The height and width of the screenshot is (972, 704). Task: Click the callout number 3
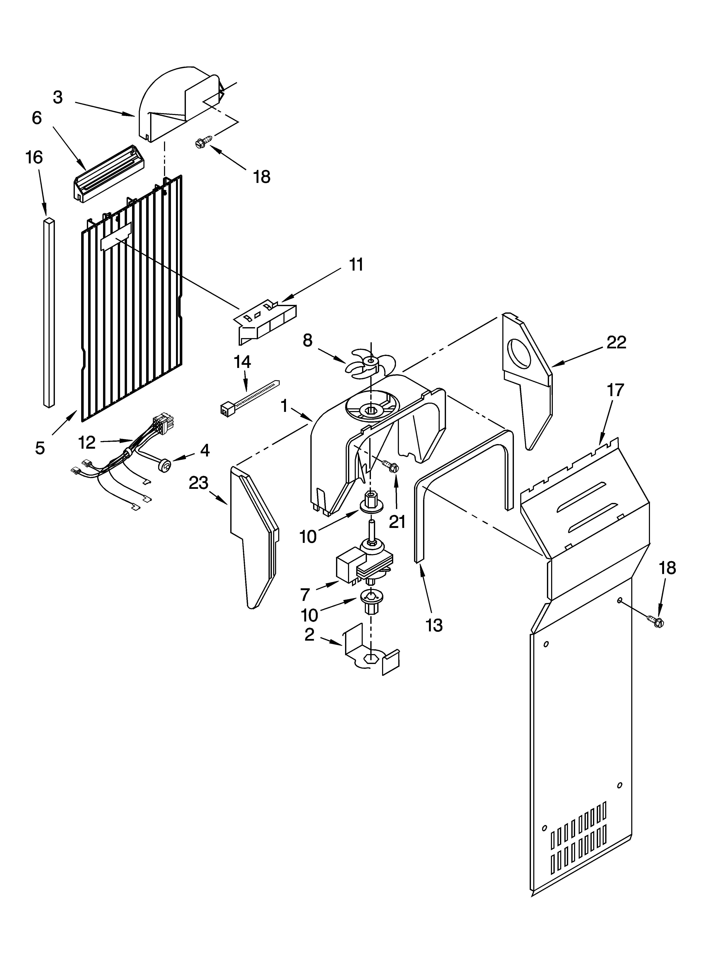(58, 98)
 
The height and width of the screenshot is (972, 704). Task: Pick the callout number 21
(397, 522)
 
